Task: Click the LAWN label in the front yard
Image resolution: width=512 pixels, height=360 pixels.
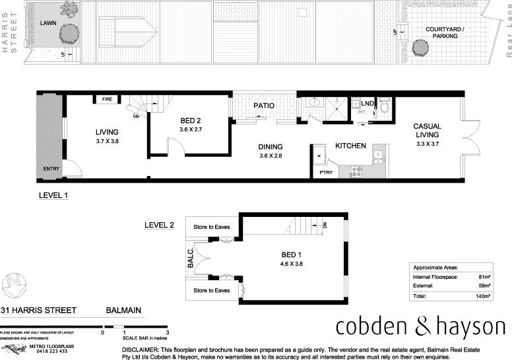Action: click(x=48, y=23)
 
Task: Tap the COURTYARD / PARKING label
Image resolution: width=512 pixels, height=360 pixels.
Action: click(x=445, y=32)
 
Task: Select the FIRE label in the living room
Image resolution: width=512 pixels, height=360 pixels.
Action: click(x=106, y=100)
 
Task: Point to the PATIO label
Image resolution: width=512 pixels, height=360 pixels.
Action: click(x=264, y=106)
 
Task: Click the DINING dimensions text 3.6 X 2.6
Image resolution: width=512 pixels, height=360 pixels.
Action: click(x=271, y=156)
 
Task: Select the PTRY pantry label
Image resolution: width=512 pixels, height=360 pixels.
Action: click(x=326, y=172)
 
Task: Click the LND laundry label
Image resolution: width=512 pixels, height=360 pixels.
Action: click(x=368, y=104)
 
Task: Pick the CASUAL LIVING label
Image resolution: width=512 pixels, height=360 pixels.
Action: click(x=427, y=131)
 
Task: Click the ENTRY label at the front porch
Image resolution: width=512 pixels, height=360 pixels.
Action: click(x=51, y=169)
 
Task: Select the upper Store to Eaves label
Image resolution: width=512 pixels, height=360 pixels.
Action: click(x=211, y=227)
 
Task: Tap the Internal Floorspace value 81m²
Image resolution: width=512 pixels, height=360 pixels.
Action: click(x=485, y=278)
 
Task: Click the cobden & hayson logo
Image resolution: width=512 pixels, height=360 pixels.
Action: click(x=420, y=327)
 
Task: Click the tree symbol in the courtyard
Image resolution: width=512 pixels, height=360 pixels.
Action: click(x=419, y=47)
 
